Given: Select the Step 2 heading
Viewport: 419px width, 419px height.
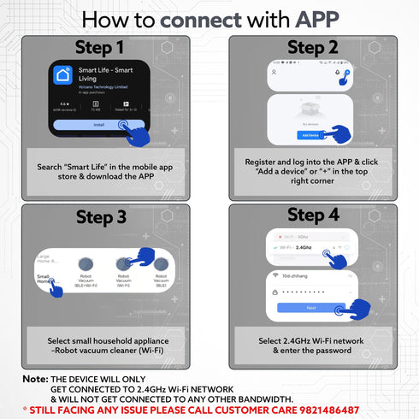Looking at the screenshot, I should tap(313, 47).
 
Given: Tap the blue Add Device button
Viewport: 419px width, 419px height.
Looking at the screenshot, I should tap(310, 135).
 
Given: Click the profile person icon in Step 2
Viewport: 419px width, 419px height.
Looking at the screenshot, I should tap(274, 74).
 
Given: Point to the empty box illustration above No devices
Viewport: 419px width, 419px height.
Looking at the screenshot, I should tap(311, 110).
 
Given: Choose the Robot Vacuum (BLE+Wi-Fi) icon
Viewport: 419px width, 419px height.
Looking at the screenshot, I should tap(86, 266).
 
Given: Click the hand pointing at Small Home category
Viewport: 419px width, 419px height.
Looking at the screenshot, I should tap(56, 289).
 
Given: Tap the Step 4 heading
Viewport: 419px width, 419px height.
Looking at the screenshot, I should tap(313, 215).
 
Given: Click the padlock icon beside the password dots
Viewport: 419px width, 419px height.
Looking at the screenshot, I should tap(275, 291).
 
